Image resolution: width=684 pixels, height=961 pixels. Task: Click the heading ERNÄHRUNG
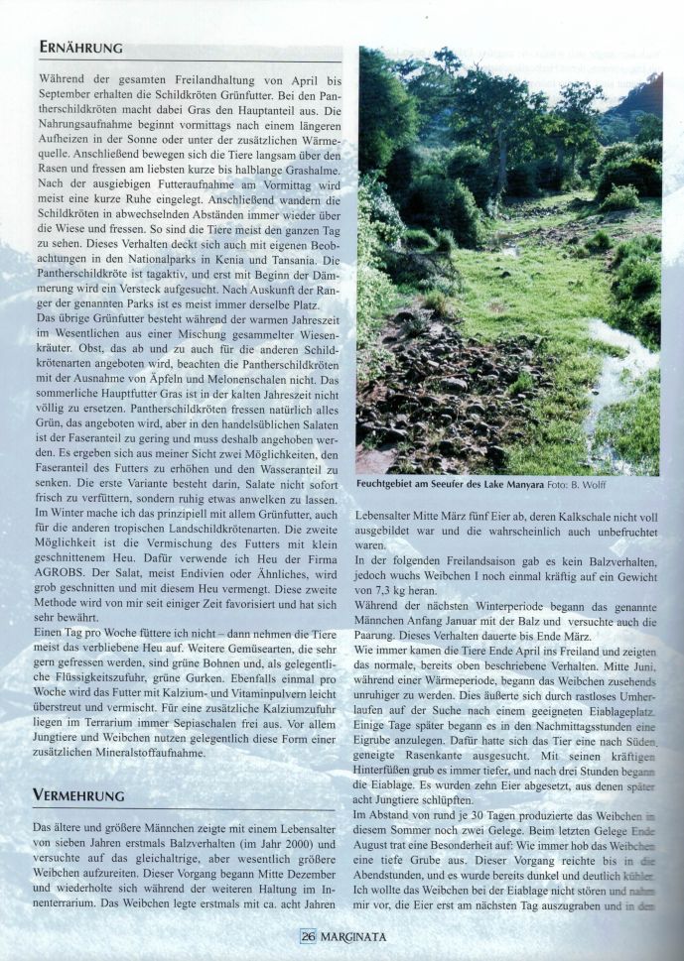tap(80, 48)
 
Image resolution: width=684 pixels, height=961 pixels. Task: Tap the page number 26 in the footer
tap(308, 934)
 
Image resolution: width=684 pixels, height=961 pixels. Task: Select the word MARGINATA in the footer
tap(352, 934)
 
